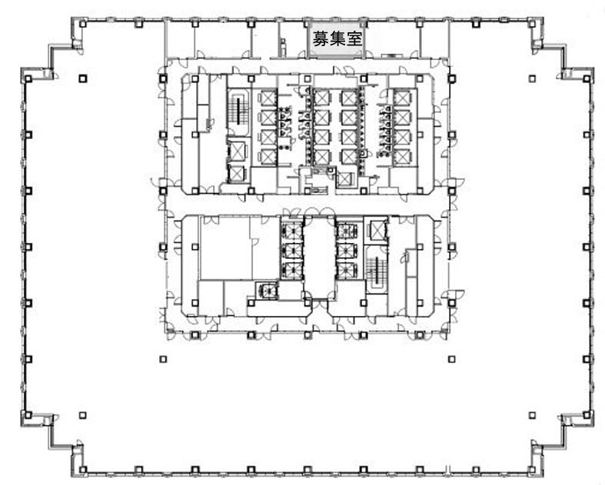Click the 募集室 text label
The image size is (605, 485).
337,39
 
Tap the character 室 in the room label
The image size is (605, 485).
354,39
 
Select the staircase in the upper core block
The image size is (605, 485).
238,111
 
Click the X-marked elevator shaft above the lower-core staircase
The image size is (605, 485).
376,231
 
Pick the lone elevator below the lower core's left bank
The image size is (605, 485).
268,290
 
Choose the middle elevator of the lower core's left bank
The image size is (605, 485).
291,251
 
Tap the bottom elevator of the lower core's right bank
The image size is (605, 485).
347,271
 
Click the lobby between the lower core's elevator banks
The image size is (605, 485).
319,257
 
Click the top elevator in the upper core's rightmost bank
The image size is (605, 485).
402,98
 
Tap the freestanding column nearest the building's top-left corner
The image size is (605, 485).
83,78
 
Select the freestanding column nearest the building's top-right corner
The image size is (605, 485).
532,78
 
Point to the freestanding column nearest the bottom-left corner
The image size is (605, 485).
82,416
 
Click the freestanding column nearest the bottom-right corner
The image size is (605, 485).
532,416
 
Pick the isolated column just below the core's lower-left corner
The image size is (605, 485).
163,359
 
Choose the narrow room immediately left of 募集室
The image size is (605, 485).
292,39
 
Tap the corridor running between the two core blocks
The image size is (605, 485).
307,204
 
